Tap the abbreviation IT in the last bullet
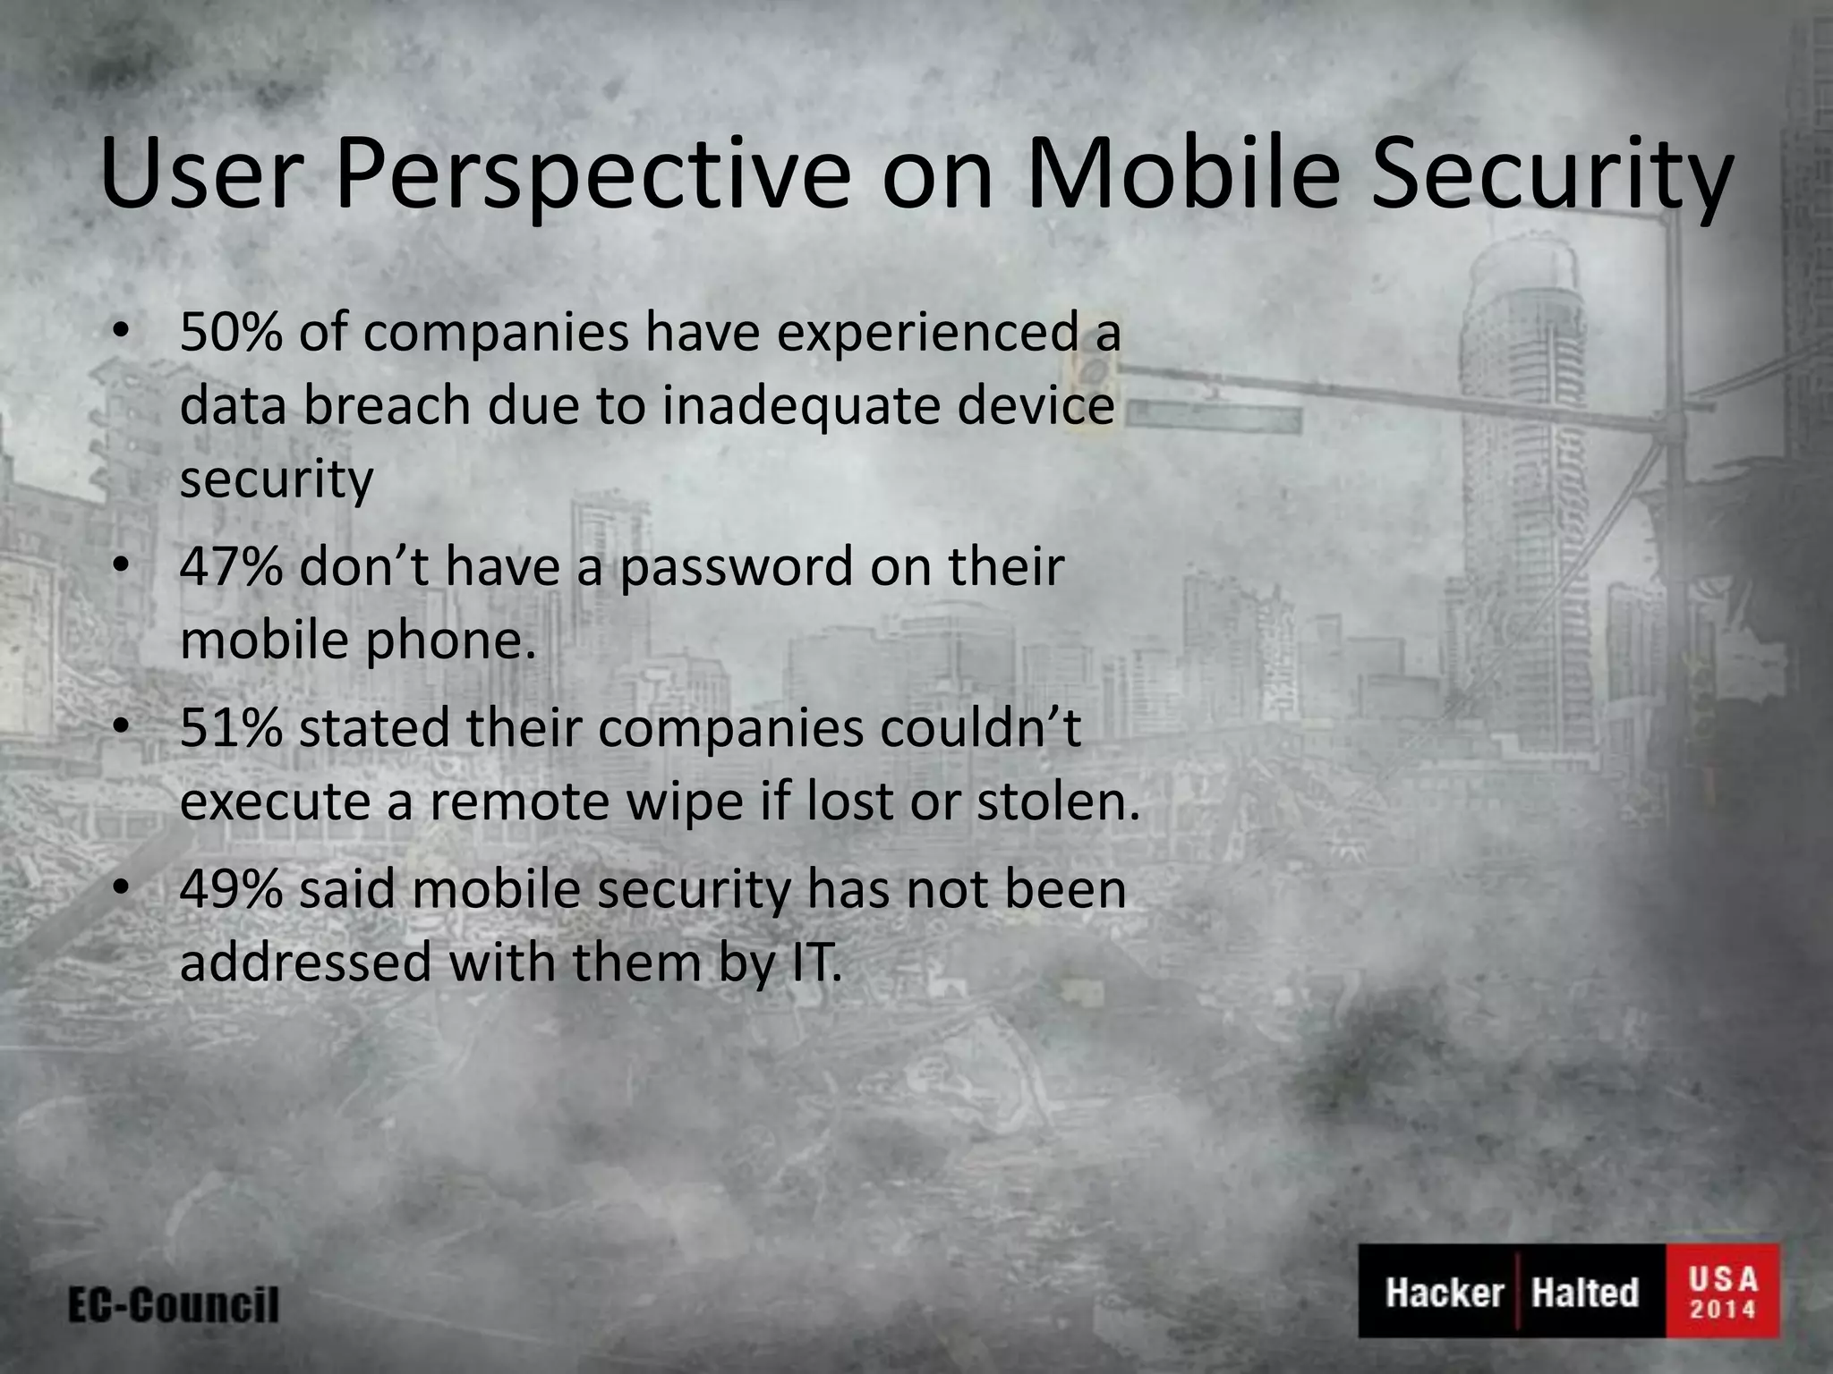813,963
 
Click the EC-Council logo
174,1305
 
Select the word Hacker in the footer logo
1444,1293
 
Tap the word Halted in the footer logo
1584,1293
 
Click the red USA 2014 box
1722,1291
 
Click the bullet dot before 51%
123,727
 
